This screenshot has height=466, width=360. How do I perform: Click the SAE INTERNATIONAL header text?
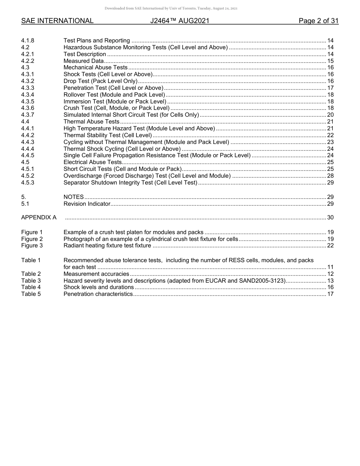(57, 21)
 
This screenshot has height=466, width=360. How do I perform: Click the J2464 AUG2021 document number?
(180, 21)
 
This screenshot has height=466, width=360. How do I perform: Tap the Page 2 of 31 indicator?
(318, 21)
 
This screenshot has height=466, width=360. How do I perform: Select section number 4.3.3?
(28, 88)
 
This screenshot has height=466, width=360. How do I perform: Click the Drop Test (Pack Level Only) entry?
(100, 81)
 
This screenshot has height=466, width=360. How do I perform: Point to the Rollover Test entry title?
(114, 95)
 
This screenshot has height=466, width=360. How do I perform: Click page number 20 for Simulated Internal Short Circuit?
(330, 115)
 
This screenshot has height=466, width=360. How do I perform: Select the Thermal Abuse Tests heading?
(91, 122)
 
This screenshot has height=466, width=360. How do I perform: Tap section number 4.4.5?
(28, 155)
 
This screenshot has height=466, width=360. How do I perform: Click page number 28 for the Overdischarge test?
(330, 176)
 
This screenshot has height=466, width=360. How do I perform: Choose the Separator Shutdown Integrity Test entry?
(130, 183)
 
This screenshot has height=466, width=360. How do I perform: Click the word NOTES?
(74, 197)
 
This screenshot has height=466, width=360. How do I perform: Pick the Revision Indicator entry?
(87, 204)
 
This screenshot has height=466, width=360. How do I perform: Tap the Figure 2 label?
(32, 239)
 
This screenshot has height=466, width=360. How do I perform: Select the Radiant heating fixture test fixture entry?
(107, 246)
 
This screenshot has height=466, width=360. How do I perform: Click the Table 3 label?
(31, 281)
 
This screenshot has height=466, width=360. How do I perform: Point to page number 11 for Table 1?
(330, 267)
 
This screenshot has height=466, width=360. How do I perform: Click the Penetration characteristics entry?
(98, 294)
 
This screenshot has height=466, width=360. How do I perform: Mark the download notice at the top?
(180, 8)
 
